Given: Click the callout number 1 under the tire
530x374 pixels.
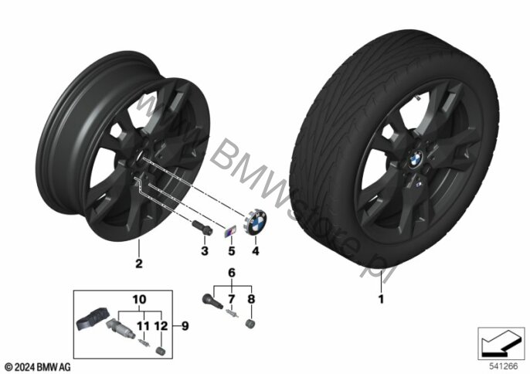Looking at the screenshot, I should click(x=379, y=297).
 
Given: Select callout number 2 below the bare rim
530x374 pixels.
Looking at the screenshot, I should click(x=138, y=263).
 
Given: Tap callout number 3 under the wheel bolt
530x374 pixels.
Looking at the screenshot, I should click(x=204, y=251).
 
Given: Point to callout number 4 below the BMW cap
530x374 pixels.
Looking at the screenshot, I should click(x=256, y=251).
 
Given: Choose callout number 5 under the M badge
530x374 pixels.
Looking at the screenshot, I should click(x=230, y=251).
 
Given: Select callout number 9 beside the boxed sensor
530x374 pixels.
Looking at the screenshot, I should click(x=185, y=325).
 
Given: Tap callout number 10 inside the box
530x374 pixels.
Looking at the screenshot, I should click(x=139, y=298).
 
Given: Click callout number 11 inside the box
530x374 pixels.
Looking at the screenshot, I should click(x=141, y=325).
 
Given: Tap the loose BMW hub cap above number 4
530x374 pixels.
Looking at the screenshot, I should click(x=256, y=224).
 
